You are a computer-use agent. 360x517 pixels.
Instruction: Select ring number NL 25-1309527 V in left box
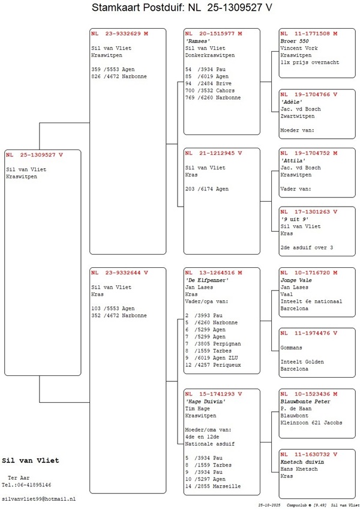pos(34,155)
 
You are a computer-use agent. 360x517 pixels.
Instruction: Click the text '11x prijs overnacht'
pos(310,62)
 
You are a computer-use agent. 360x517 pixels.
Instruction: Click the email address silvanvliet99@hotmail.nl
pos(39,499)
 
